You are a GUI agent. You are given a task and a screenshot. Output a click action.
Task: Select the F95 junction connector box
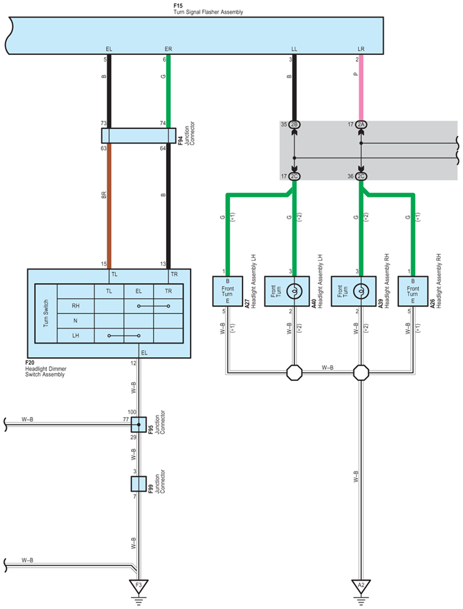[139, 424]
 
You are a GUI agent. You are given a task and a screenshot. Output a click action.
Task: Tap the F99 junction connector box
[139, 484]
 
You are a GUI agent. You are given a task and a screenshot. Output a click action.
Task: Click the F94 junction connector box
[139, 136]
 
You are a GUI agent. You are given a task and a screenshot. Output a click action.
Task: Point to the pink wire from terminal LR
[361, 88]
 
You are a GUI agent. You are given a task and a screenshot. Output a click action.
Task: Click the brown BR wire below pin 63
[109, 206]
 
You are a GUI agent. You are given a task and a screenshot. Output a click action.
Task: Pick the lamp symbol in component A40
[294, 291]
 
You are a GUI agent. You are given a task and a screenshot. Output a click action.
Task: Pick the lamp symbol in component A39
[361, 291]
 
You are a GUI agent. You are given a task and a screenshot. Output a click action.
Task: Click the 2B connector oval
[294, 124]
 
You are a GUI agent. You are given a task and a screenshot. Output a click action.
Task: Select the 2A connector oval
[361, 124]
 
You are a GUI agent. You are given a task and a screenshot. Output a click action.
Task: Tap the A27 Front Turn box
[228, 291]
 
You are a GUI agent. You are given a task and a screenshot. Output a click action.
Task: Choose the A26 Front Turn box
[413, 291]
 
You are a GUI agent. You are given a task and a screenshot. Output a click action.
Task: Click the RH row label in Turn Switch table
[76, 306]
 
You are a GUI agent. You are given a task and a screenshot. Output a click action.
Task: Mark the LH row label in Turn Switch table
[76, 336]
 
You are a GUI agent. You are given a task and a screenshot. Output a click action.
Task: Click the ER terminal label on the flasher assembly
[169, 49]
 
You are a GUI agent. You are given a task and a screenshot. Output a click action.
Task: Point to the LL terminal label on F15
[294, 49]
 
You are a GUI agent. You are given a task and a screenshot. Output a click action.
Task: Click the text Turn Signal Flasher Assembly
[209, 12]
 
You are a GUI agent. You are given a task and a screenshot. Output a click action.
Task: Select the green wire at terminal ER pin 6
[169, 91]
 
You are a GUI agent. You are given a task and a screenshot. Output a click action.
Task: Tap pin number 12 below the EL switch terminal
[133, 363]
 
